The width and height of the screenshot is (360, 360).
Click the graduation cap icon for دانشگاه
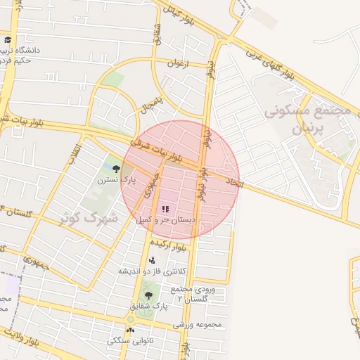8,39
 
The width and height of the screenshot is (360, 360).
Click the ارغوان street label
179,63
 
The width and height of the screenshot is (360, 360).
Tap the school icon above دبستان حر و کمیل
166,209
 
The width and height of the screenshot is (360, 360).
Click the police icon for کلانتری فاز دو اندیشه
152,260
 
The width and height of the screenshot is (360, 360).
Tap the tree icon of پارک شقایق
148,295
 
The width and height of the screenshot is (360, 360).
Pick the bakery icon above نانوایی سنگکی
130,330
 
